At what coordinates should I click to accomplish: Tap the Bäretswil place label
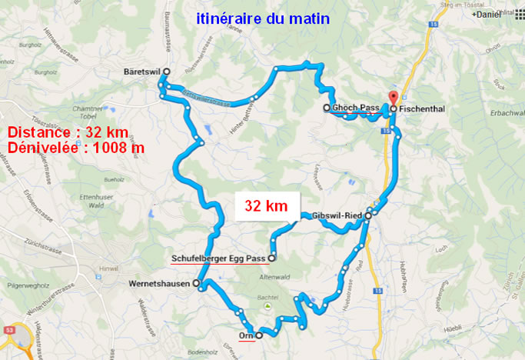141,71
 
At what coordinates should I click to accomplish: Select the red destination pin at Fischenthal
394,98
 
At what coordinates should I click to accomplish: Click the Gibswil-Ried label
338,216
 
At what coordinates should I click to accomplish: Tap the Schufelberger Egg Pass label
218,258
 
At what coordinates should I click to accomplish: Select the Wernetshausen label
158,284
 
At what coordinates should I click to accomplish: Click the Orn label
246,336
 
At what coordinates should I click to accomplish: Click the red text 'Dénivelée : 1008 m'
75,146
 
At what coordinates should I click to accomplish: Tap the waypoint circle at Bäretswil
166,71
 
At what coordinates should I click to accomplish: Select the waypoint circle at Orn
259,335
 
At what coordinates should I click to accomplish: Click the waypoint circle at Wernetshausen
195,284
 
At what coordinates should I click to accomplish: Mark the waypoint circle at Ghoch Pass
326,108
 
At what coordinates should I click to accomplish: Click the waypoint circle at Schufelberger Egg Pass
271,258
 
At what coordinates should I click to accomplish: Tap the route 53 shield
10,329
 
